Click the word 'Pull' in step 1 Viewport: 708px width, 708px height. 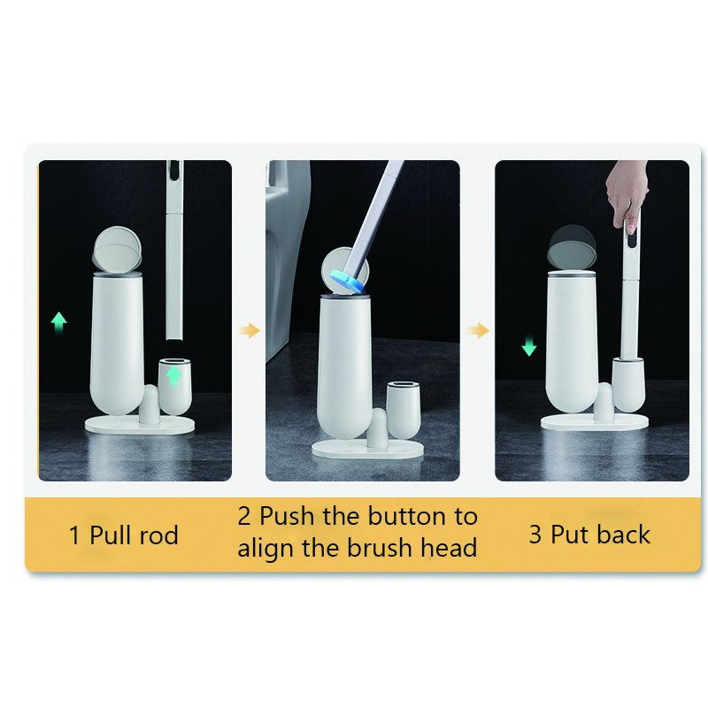tap(111, 535)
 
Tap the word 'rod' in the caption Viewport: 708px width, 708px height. tap(159, 535)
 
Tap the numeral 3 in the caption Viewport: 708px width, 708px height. tap(535, 535)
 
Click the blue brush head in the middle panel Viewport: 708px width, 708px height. tap(347, 281)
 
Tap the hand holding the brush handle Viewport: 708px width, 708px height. tap(627, 194)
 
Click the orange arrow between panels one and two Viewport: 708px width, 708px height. tap(249, 330)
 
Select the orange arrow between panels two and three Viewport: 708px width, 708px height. tap(478, 330)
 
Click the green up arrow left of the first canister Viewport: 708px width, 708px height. tap(58, 322)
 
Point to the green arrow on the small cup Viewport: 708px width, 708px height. tap(173, 375)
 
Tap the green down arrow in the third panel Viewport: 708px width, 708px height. tap(528, 346)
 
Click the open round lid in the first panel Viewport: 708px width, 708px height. tap(117, 250)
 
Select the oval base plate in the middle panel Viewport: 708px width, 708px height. tap(367, 450)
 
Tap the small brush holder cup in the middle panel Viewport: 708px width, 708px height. tap(404, 411)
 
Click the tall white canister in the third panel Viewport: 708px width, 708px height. tap(572, 342)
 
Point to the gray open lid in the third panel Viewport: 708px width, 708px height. tap(572, 248)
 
